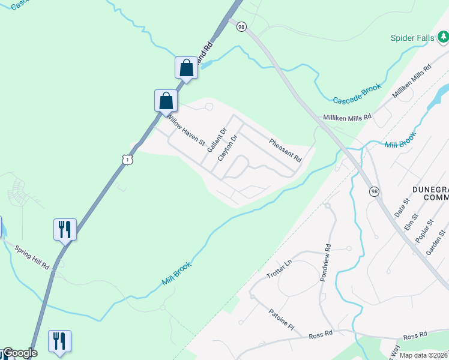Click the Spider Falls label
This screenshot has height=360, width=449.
tap(412, 38)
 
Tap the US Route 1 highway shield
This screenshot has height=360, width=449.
tap(127, 159)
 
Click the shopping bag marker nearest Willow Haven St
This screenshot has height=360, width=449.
tap(166, 101)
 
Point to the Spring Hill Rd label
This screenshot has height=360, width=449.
tap(32, 257)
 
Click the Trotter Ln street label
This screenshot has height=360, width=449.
tap(279, 268)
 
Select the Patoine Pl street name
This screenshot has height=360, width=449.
tap(281, 320)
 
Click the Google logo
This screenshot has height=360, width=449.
tap(19, 353)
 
